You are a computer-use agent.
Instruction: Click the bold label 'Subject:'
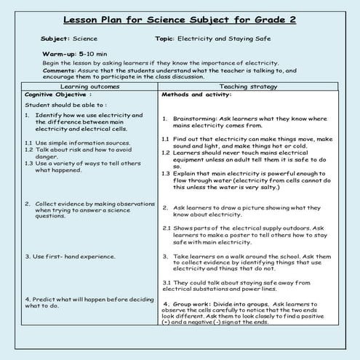point(55,38)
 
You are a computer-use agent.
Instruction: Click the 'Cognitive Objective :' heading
point(55,95)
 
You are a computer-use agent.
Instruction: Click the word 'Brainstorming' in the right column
point(193,118)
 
